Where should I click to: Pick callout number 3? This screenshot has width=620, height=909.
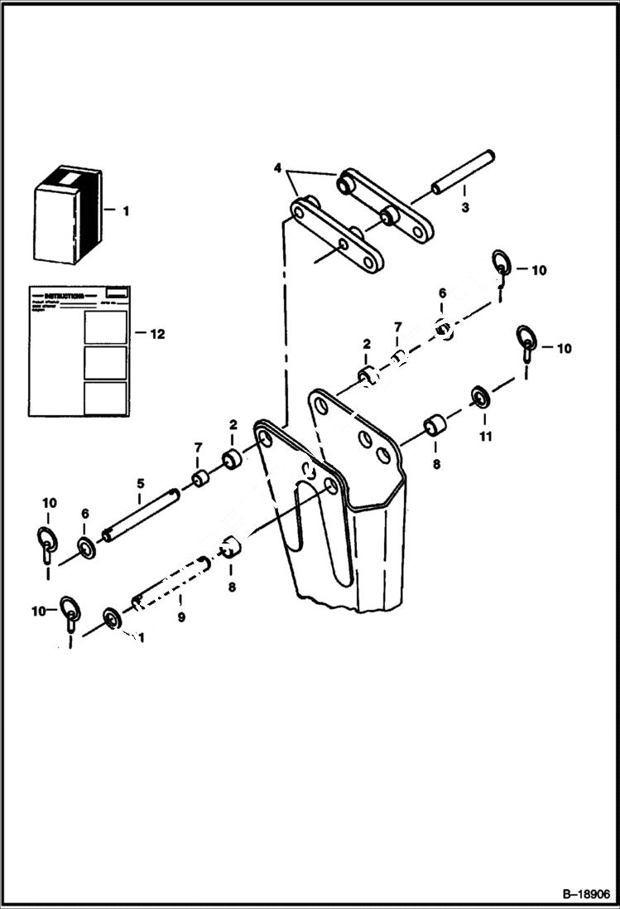click(464, 208)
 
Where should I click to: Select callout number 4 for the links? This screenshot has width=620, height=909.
click(277, 168)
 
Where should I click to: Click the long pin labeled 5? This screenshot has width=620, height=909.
click(142, 514)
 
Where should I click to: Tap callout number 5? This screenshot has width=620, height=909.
click(141, 483)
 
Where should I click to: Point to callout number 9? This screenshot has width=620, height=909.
click(180, 616)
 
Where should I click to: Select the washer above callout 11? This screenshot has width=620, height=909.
click(480, 395)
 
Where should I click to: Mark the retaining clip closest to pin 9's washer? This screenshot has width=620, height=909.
click(70, 612)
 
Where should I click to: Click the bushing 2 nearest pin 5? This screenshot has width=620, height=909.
click(233, 458)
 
